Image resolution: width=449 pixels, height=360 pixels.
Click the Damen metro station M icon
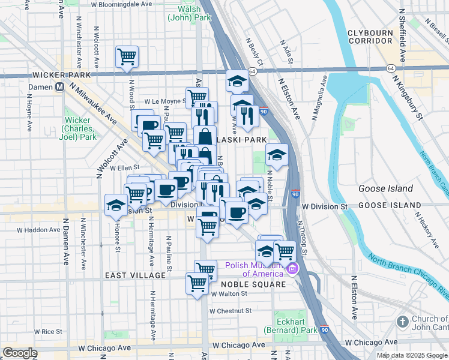click(59, 86)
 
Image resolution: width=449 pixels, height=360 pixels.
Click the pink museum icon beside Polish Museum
click(292, 268)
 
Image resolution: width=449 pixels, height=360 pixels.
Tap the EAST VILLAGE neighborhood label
click(135, 275)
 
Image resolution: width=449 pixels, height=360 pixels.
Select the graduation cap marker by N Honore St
click(116, 205)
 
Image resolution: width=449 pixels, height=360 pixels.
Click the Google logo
click(20, 353)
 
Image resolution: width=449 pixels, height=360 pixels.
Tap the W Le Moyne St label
click(162, 102)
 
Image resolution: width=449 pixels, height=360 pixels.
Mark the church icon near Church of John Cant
click(402, 322)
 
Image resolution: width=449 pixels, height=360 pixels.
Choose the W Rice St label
click(48, 331)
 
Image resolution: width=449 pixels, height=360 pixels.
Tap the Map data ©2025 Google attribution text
click(412, 355)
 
